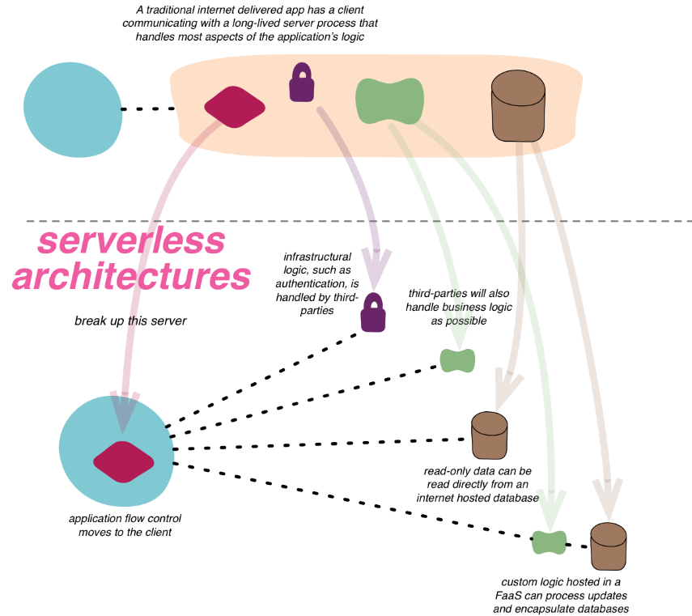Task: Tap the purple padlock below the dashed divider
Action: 372,312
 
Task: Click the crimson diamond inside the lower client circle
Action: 123,462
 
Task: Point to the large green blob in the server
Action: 389,99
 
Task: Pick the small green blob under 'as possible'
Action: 457,359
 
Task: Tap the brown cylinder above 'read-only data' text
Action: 489,435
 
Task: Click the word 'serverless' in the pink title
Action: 131,240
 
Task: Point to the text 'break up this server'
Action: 130,321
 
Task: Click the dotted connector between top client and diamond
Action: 148,108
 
